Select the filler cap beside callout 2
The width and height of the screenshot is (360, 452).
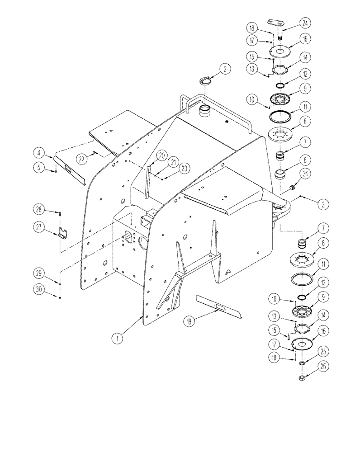(x=206, y=81)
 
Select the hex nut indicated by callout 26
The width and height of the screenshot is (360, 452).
(x=301, y=379)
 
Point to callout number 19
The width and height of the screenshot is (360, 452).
(x=189, y=321)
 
